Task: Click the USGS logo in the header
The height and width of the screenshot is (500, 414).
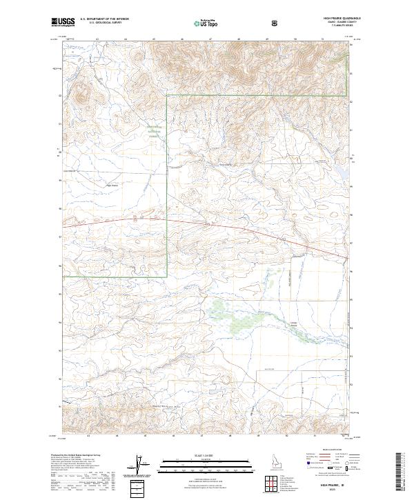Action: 63,22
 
